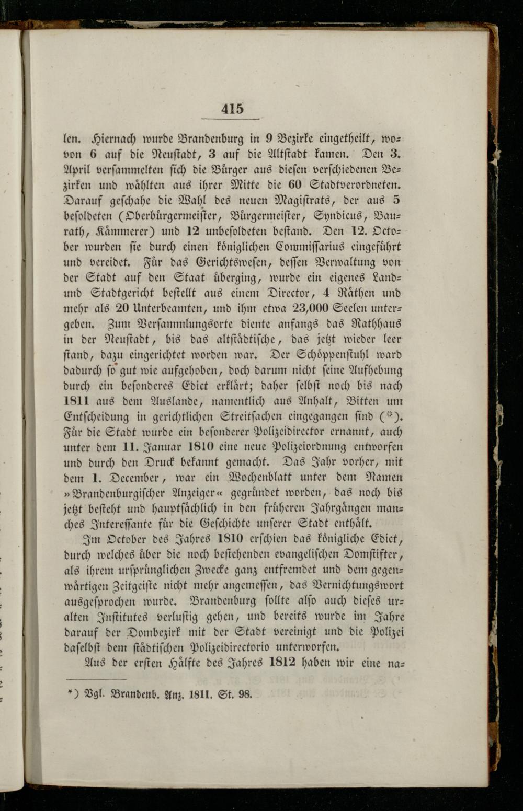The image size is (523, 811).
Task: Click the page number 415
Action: (x=232, y=109)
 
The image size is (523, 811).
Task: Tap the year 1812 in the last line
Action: (x=283, y=662)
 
